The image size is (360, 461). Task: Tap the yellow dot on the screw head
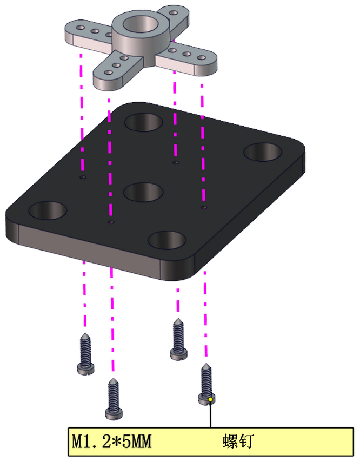pos(210,399)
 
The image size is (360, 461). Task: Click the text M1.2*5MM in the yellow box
pos(111,442)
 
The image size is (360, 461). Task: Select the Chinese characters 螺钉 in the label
pos(238,442)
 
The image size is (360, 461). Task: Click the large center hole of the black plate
pos(143,192)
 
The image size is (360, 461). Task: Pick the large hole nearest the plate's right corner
pos(263,152)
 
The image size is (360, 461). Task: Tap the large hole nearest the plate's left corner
pos(48,210)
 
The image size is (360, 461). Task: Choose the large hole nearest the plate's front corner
pos(167,240)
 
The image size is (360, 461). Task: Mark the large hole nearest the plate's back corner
pos(144,122)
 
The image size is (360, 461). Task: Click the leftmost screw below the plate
pos(85,354)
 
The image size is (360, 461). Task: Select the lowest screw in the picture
pos(114,399)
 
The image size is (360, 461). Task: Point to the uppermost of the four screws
pos(178,339)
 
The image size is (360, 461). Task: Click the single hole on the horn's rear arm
pos(174,13)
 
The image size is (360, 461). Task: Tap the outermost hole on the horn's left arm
pos(81,28)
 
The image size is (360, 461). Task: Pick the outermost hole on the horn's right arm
pos(201,57)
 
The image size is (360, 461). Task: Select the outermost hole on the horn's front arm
pos(108,72)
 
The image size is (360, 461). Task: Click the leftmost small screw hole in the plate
pos(83,177)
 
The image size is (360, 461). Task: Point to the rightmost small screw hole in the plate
pos(203,208)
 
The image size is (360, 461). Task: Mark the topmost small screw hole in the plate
pos(176,162)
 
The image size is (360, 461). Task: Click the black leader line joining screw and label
pos(210,414)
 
